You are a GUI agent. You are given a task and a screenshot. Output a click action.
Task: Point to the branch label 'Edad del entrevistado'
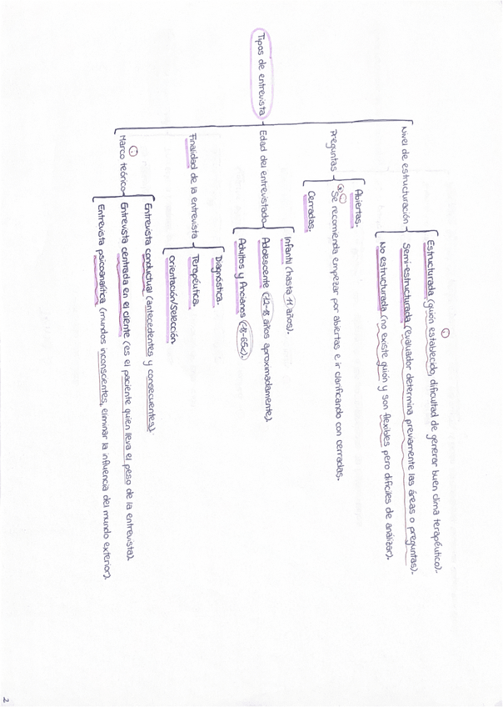click(x=263, y=176)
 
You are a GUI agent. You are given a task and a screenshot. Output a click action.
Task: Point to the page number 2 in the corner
click(x=7, y=699)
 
